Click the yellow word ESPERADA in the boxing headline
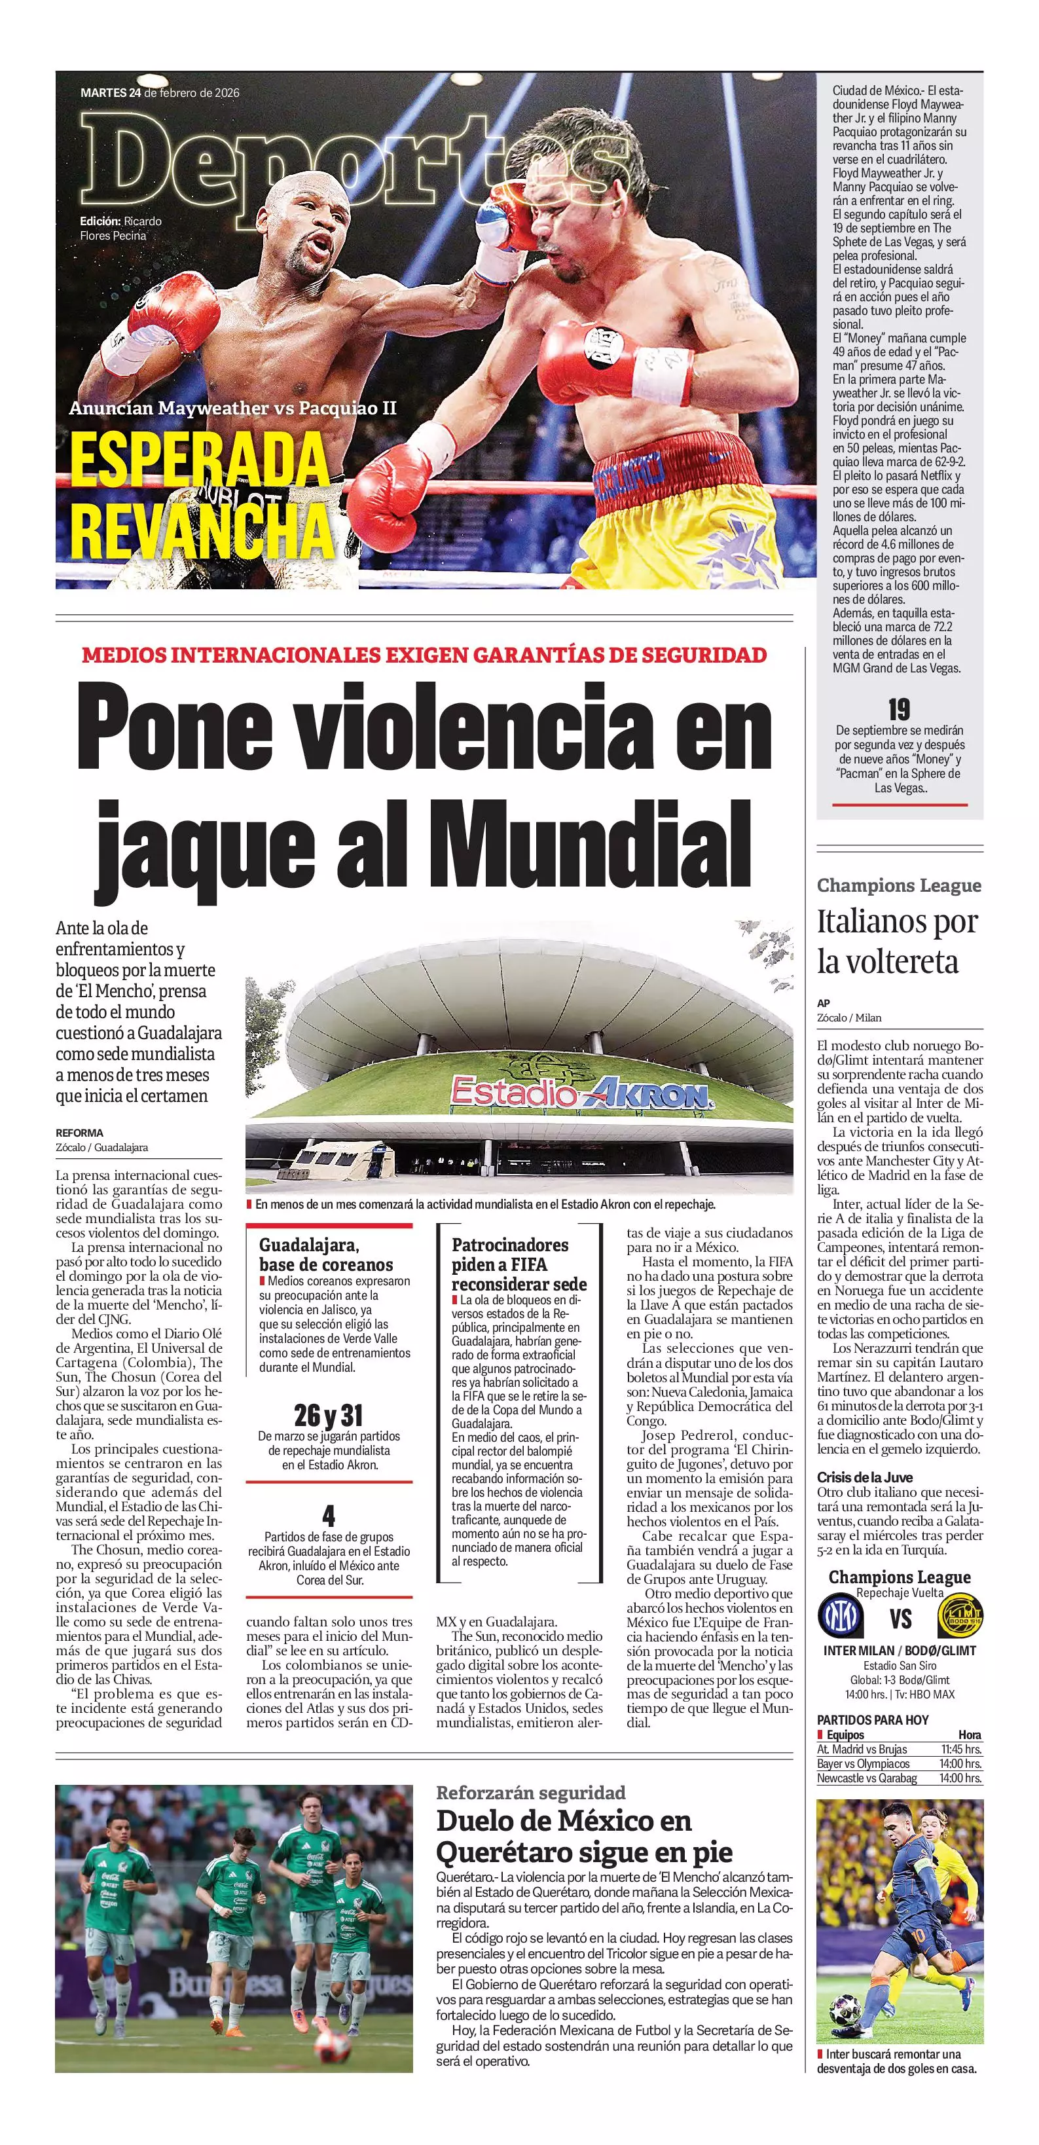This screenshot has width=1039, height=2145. click(200, 460)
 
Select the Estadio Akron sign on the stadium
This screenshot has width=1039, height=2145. click(581, 1093)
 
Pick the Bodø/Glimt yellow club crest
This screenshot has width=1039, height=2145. click(960, 1616)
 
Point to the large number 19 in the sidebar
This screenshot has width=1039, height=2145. click(899, 710)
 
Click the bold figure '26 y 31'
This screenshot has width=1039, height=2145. click(329, 1416)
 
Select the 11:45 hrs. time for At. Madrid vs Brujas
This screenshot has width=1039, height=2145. click(960, 1750)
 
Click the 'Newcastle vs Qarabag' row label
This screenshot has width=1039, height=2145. click(867, 1778)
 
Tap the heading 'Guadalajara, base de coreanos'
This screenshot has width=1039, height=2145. click(325, 1255)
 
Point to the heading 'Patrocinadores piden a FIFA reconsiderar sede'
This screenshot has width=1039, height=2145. click(519, 1264)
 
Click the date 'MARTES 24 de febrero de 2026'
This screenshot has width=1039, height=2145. click(160, 92)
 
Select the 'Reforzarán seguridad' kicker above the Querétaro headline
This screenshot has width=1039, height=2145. click(530, 1793)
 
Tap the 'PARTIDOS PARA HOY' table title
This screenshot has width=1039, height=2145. click(873, 1720)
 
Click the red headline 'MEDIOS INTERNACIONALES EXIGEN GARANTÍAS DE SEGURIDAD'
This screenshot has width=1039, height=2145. click(424, 655)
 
